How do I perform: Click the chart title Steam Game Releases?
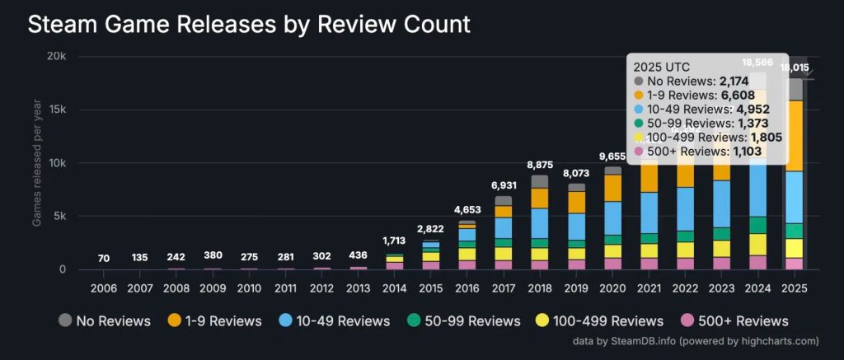point(249,24)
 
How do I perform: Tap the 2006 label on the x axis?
point(104,290)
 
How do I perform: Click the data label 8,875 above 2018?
point(540,165)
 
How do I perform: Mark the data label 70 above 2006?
point(104,259)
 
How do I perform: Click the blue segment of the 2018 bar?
point(540,222)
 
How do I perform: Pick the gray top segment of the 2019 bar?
point(576,187)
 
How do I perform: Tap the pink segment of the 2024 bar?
point(759,262)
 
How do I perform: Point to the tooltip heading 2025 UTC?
point(661,66)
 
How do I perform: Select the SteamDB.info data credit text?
point(696,340)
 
